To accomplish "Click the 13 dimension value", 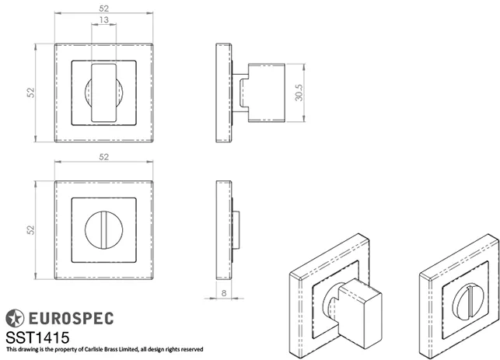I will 103,22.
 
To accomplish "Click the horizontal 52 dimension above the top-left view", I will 103,8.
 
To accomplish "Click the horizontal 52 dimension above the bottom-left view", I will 103,157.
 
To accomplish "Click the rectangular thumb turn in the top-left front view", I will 103,93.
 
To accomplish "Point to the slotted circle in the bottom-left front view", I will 103,231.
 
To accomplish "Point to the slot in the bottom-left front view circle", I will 103,231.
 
